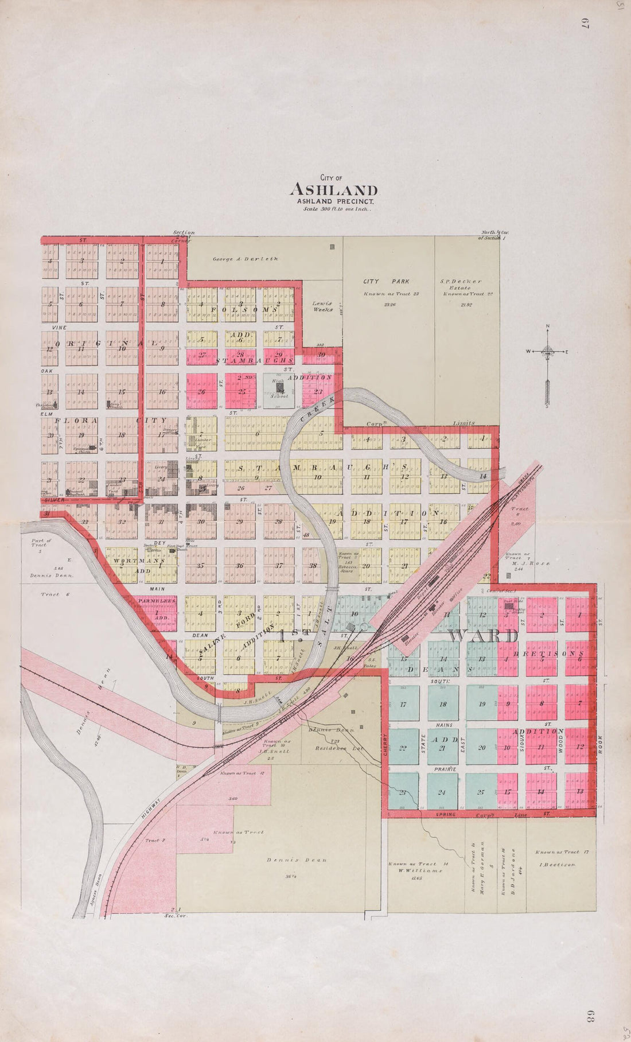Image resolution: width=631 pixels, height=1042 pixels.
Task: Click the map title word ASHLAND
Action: [x=334, y=190]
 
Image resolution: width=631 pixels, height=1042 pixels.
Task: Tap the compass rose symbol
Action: [x=547, y=352]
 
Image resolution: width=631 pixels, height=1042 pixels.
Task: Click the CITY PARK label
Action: [x=379, y=282]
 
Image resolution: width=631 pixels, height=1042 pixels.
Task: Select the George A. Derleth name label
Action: [x=245, y=259]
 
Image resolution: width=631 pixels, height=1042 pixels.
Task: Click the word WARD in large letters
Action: [x=484, y=636]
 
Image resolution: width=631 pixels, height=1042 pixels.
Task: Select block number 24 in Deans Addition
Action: [x=441, y=793]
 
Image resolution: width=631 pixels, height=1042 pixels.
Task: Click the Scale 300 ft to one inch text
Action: [x=338, y=209]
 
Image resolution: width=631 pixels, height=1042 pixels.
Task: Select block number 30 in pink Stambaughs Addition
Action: [x=321, y=355]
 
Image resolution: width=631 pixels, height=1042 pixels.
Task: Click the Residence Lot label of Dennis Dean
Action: [x=332, y=749]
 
